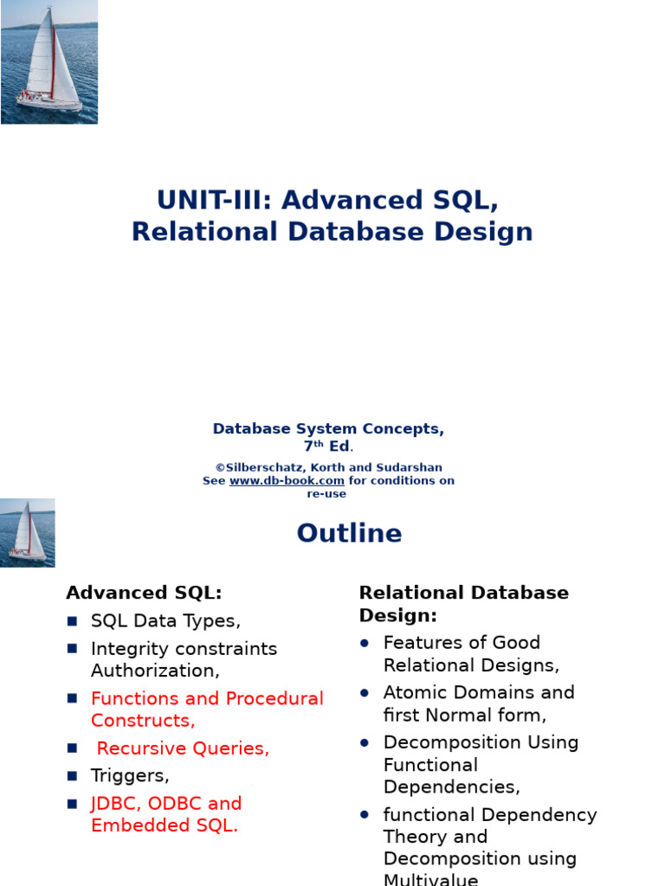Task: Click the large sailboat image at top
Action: point(49,61)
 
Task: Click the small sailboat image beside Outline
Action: point(28,532)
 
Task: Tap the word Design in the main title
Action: point(486,232)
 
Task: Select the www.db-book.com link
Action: point(287,481)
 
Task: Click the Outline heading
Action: point(349,533)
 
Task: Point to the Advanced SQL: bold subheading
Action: point(144,593)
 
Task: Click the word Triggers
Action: point(130,775)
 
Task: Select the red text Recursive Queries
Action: point(183,748)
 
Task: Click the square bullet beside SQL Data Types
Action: point(73,621)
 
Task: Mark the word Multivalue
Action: point(431,880)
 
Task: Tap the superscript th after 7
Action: point(319,444)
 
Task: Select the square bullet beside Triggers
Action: point(73,776)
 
